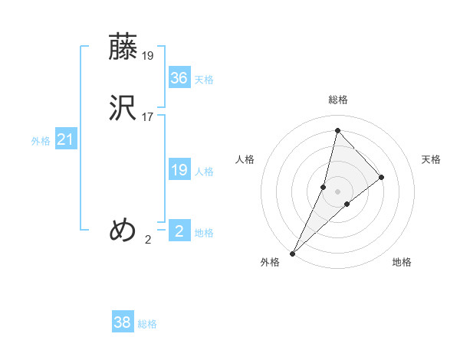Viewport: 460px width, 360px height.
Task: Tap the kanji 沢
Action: tap(123, 107)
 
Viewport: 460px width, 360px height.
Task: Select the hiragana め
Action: tap(123, 229)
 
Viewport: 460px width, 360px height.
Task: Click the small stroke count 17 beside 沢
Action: tap(148, 117)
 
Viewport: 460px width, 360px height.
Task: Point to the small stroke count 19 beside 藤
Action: tap(148, 55)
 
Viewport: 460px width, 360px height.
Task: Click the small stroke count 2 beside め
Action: tap(148, 239)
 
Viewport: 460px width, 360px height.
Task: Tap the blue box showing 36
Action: tap(179, 78)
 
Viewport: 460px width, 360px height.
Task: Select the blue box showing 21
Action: tap(65, 139)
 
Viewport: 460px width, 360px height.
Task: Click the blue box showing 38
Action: tap(123, 322)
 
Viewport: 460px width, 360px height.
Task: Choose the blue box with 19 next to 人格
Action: tap(179, 170)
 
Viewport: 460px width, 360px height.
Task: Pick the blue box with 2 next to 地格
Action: tap(179, 231)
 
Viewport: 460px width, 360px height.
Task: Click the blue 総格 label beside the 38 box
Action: tap(147, 324)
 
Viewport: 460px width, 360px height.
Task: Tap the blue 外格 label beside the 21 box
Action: tap(41, 141)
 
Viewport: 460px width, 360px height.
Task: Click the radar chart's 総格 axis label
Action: tap(337, 100)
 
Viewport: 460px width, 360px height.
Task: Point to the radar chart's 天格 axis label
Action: tap(432, 159)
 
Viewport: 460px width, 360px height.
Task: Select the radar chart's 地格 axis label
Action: tap(402, 262)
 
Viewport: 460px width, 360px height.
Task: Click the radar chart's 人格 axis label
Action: tap(245, 159)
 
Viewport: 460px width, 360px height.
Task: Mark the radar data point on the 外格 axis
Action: tap(293, 253)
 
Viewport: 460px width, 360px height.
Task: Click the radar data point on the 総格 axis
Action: tap(337, 130)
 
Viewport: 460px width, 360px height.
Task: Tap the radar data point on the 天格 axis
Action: tap(382, 177)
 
